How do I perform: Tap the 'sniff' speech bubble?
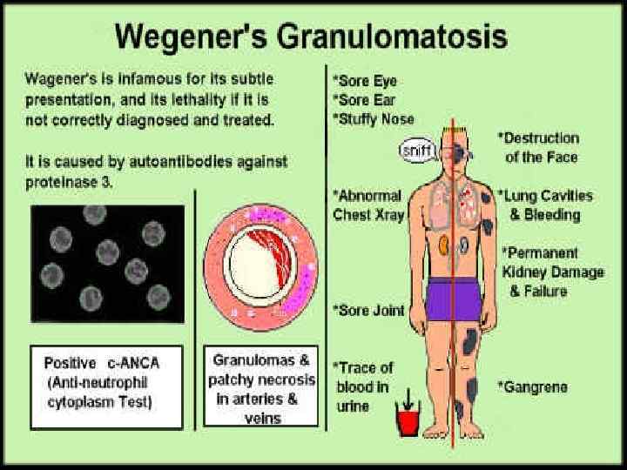coord(417,151)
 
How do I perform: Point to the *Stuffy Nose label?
coord(374,117)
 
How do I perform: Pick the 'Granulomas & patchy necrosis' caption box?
coord(261,388)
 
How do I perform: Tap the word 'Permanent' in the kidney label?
coord(541,253)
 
